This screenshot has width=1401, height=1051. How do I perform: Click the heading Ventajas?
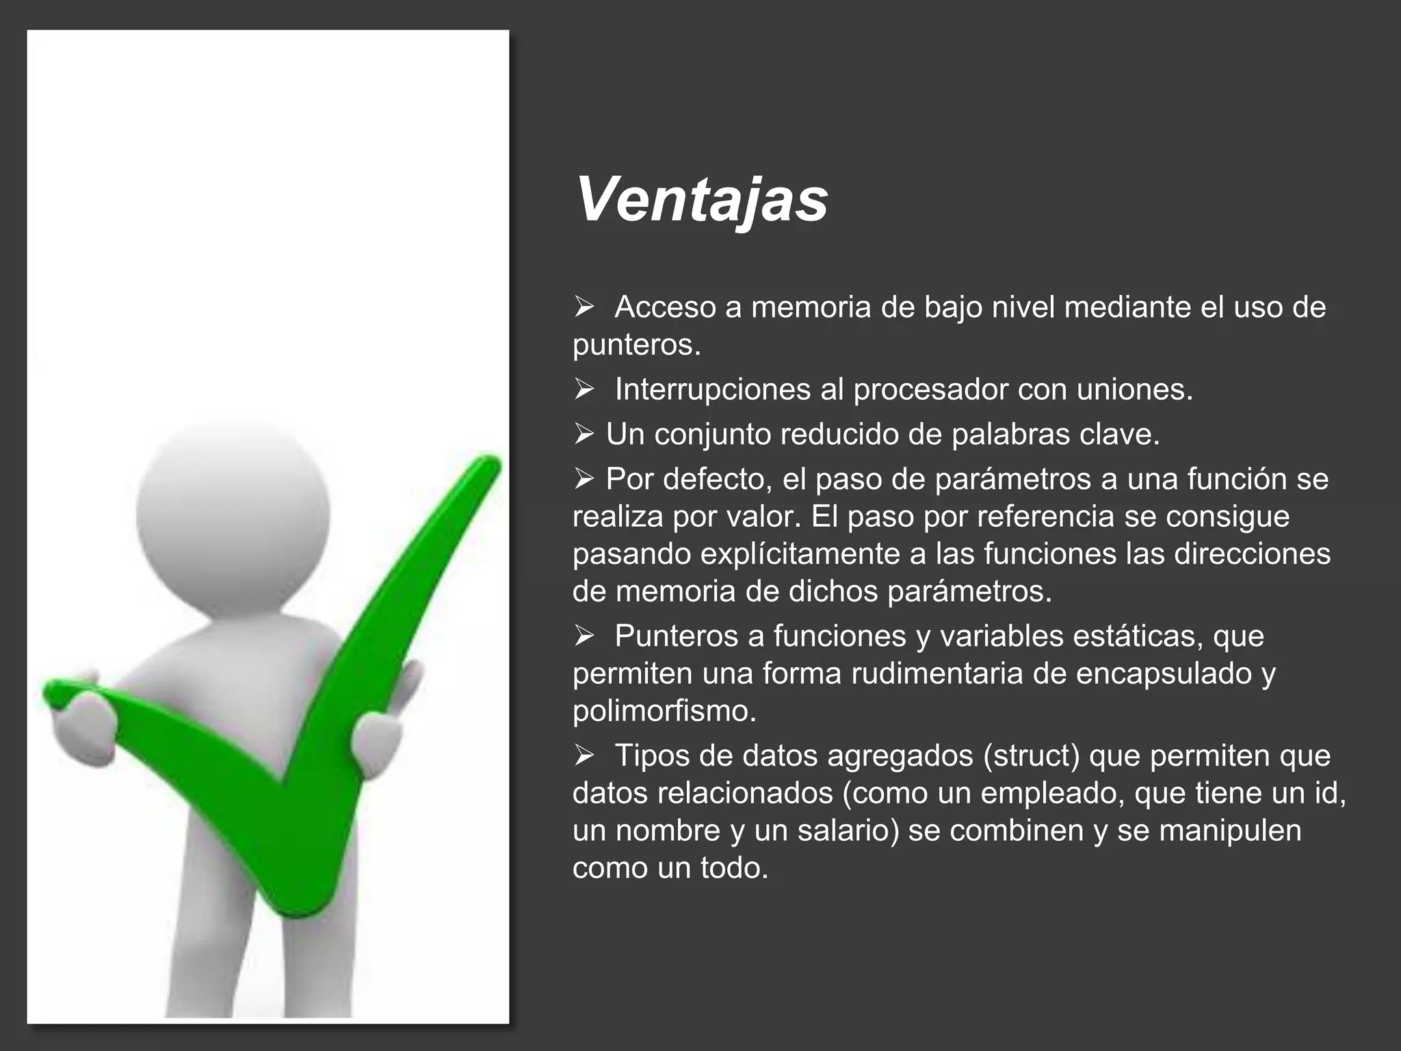(701, 200)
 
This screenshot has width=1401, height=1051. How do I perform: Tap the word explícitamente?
(804, 554)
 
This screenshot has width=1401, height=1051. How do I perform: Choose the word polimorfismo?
(664, 712)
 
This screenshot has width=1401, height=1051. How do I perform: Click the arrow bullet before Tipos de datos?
(584, 755)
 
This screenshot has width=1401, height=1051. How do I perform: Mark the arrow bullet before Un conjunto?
(584, 434)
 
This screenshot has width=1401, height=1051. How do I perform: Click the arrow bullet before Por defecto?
(584, 478)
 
